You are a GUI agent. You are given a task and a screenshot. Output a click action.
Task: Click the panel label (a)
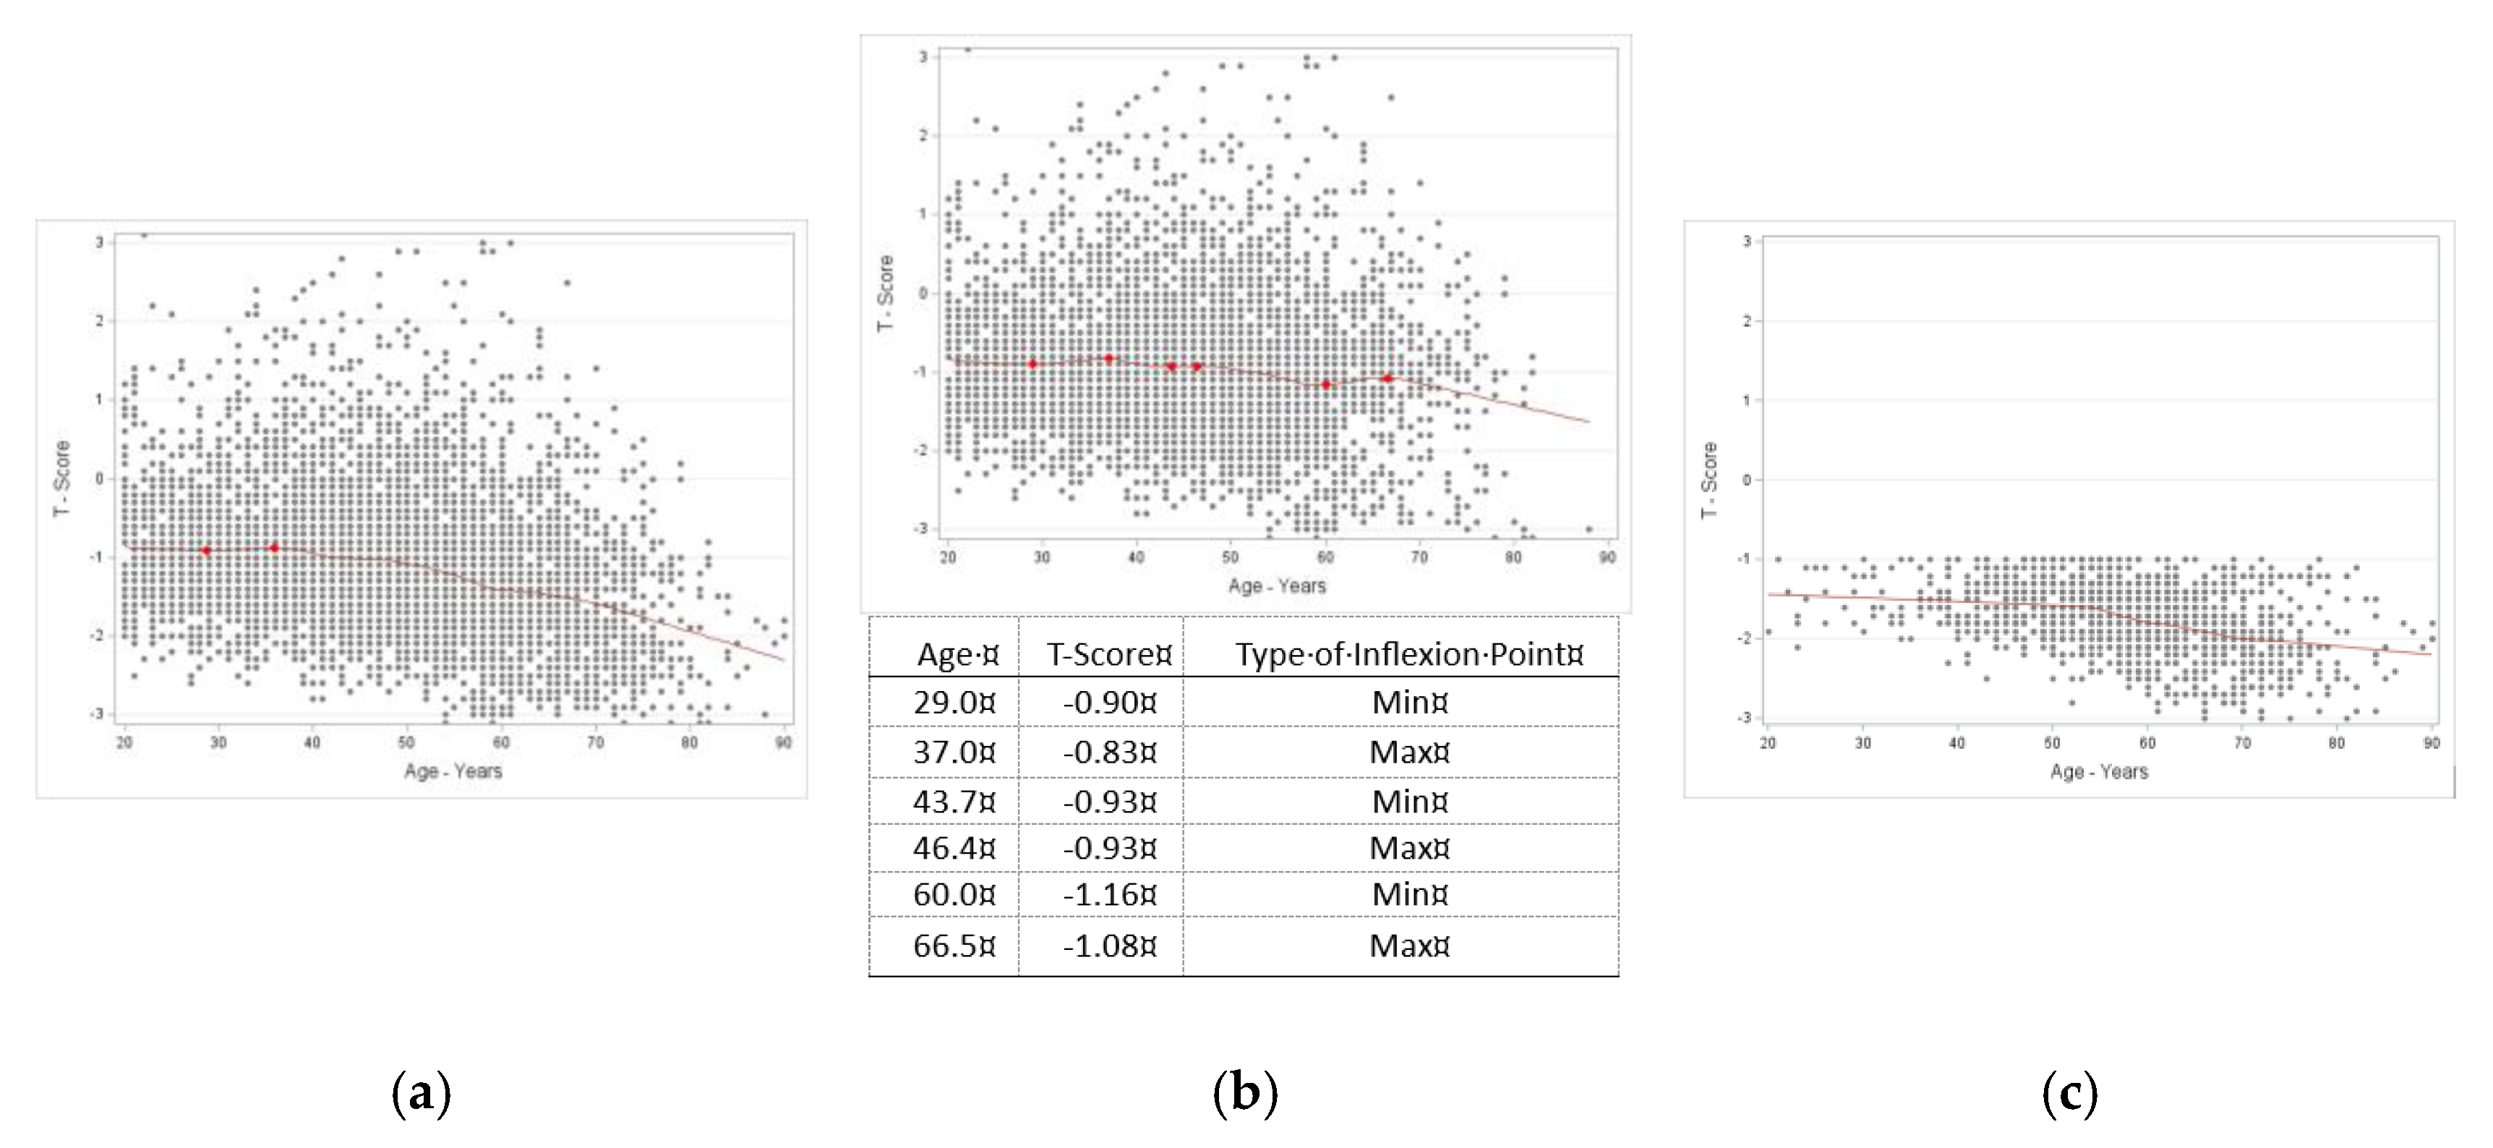(421, 1095)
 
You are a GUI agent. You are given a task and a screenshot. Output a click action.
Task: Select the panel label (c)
(2069, 1095)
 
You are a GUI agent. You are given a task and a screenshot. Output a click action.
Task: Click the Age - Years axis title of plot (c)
(2098, 771)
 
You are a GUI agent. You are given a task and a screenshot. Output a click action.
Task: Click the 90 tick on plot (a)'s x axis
(784, 742)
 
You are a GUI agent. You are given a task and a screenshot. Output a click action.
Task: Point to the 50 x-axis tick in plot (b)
(1230, 557)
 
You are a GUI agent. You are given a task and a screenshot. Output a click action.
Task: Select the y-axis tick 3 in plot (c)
(1746, 241)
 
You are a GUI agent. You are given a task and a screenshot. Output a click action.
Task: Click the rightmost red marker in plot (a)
(274, 548)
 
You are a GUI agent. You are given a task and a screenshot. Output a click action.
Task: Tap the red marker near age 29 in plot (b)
(1032, 364)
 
